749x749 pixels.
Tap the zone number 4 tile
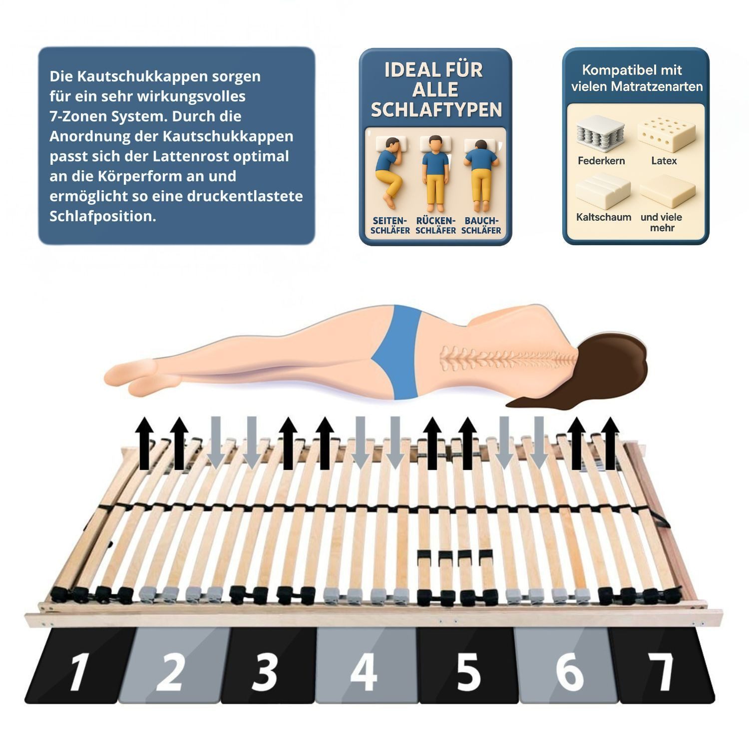tap(366, 667)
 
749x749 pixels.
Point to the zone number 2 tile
tap(172, 667)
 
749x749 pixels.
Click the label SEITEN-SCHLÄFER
tap(390, 226)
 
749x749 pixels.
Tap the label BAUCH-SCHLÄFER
tap(481, 226)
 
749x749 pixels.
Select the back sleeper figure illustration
tap(435, 172)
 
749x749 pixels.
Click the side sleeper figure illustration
tap(390, 172)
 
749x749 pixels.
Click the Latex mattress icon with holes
tap(666, 133)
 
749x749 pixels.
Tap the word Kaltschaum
tap(603, 217)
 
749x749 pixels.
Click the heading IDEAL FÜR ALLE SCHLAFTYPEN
tap(435, 90)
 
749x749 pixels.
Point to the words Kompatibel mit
tap(632, 70)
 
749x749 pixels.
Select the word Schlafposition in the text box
tap(102, 216)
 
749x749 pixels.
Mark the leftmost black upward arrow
tap(145, 443)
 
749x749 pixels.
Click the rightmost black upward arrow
tap(610, 443)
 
